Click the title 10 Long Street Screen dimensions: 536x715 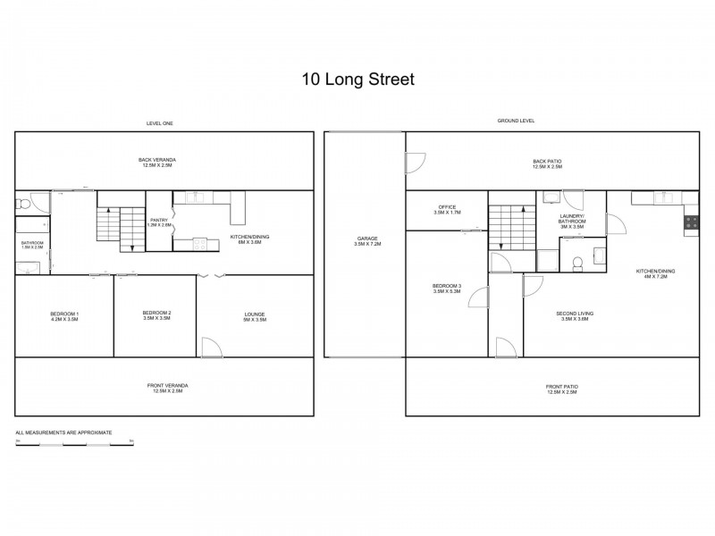pos(357,79)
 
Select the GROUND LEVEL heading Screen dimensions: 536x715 pos(516,121)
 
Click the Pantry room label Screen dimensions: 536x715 pos(159,222)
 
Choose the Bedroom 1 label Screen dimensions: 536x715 pos(64,316)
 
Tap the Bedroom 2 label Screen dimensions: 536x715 pos(156,315)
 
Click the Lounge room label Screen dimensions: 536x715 pos(255,316)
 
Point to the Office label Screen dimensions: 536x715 pos(447,210)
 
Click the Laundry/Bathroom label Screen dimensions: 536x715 pos(572,222)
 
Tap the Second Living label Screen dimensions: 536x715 pos(576,316)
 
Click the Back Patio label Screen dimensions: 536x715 pos(547,163)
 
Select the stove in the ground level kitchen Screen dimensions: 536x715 pos(691,225)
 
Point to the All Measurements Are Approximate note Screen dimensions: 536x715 pos(63,432)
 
